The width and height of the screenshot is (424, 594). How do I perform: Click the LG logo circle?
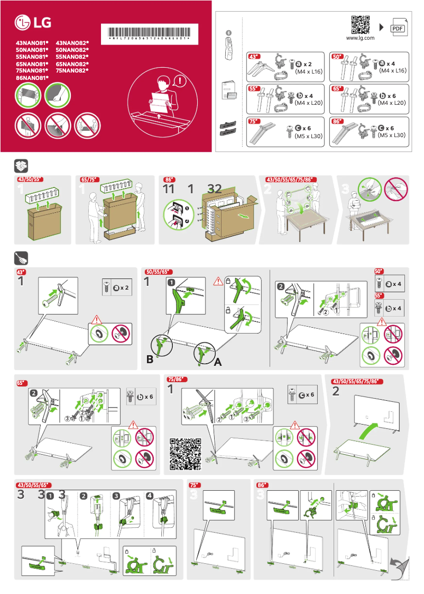tap(23, 23)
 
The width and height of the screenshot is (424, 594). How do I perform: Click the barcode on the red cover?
tap(149, 30)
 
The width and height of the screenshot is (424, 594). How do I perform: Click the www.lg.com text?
tap(360, 38)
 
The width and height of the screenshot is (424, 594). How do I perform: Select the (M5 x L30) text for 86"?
tap(391, 136)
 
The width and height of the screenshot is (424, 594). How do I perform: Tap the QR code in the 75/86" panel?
tap(186, 454)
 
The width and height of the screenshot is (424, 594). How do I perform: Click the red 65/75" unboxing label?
tap(89, 179)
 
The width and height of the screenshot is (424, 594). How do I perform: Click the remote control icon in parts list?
tap(229, 45)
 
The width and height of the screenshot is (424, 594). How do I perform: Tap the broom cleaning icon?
tap(21, 258)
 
